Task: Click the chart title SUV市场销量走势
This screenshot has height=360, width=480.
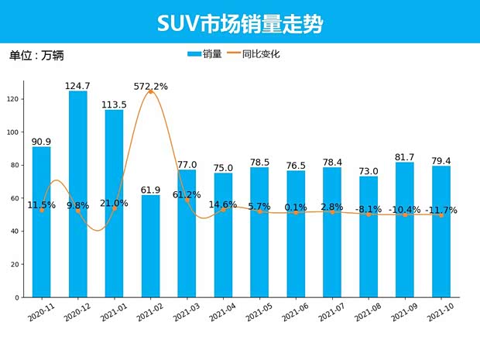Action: [239, 22]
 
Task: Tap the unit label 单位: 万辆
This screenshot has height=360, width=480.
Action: [36, 56]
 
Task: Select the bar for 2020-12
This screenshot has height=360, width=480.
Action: [78, 194]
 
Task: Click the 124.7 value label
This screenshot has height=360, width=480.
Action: [78, 85]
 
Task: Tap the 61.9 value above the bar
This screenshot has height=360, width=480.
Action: [151, 190]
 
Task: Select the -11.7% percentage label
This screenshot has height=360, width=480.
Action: [441, 211]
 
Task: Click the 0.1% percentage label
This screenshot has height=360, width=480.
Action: [296, 207]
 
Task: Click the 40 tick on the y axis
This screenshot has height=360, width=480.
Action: [15, 231]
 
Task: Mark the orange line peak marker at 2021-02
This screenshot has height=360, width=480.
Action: [151, 92]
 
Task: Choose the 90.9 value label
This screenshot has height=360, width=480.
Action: [42, 142]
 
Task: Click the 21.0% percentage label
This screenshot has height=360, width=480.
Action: [115, 203]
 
